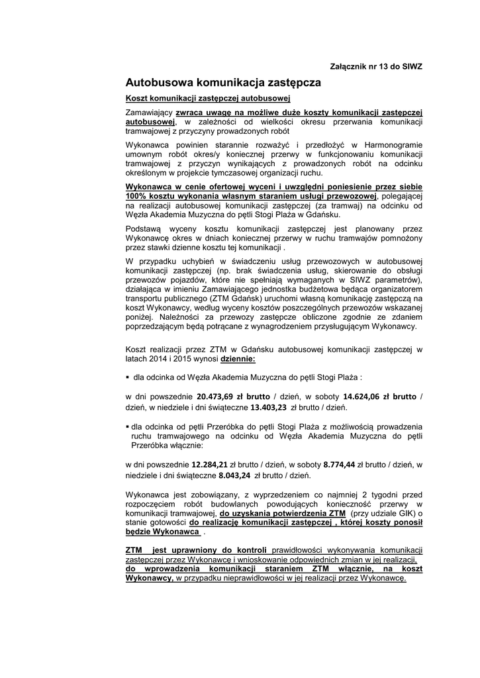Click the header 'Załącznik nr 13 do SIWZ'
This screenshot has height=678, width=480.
click(x=375, y=67)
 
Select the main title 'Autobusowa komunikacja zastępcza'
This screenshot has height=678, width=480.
click(x=223, y=83)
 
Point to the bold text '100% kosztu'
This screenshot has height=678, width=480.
click(x=151, y=196)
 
